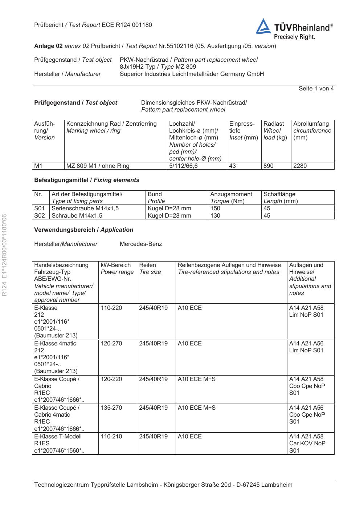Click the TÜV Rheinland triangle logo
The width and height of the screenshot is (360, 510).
263,27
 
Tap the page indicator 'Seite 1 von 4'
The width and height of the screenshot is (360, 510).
316,89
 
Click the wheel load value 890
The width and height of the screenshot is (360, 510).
269,166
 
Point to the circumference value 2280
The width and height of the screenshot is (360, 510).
300,166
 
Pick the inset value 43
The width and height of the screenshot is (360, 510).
233,166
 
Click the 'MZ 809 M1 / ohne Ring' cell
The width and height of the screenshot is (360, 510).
98,166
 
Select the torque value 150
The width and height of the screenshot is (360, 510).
216,209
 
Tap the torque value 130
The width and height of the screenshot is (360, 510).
216,216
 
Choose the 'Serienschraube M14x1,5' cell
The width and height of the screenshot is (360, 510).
85,209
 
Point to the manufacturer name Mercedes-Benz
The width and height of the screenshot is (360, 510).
141,244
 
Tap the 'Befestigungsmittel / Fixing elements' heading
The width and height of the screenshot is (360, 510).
87,180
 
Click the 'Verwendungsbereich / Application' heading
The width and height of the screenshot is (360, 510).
83,230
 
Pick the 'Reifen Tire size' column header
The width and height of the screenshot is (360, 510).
150,268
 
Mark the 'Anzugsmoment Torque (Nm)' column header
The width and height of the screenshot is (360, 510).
231,198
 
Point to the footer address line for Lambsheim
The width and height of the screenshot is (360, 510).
163,485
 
